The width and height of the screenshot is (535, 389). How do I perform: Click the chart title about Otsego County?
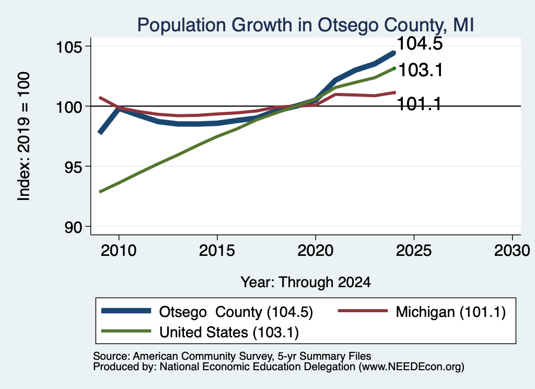coord(305,25)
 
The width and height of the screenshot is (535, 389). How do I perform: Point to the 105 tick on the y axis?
coord(69,46)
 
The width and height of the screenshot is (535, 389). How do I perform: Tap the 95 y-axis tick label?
coord(73,167)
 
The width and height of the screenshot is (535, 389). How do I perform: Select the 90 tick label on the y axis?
coord(73,227)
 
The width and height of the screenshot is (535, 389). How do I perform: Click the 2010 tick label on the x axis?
coord(119,251)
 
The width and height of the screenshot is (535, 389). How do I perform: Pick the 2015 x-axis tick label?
coord(217,251)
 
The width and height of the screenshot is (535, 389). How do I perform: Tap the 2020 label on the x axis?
coord(315,251)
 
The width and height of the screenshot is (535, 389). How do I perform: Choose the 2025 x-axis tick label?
coord(414,251)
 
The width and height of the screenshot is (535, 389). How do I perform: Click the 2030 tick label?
coord(512,251)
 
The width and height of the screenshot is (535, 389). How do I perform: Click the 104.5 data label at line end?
coord(420,43)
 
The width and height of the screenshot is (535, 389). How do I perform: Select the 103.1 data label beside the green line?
coord(421,70)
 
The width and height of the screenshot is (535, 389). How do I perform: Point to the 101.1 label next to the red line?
coord(420,103)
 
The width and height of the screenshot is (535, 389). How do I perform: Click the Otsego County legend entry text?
coord(236,312)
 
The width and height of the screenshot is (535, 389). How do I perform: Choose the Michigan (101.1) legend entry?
coord(450,312)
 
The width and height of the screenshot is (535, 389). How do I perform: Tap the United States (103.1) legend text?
coord(229,333)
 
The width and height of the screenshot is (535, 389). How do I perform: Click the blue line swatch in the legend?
coord(126,311)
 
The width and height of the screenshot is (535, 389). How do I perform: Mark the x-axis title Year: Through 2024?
coord(306,282)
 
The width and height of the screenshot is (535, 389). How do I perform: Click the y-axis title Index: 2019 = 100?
coord(24,136)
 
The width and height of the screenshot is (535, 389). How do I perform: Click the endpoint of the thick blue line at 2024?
coord(394,53)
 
